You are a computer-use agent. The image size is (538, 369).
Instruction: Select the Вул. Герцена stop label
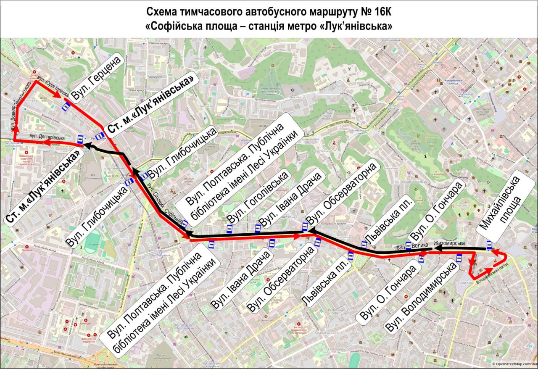tap(96, 77)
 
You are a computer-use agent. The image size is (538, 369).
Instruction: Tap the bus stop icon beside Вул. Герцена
tap(66, 107)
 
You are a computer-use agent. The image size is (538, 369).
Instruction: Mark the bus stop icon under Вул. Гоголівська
tap(229, 229)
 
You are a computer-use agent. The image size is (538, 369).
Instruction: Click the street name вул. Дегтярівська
tap(47, 137)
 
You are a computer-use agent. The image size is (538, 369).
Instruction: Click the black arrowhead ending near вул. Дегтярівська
tap(85, 146)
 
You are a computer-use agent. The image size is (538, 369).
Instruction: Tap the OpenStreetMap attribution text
tap(515, 364)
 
